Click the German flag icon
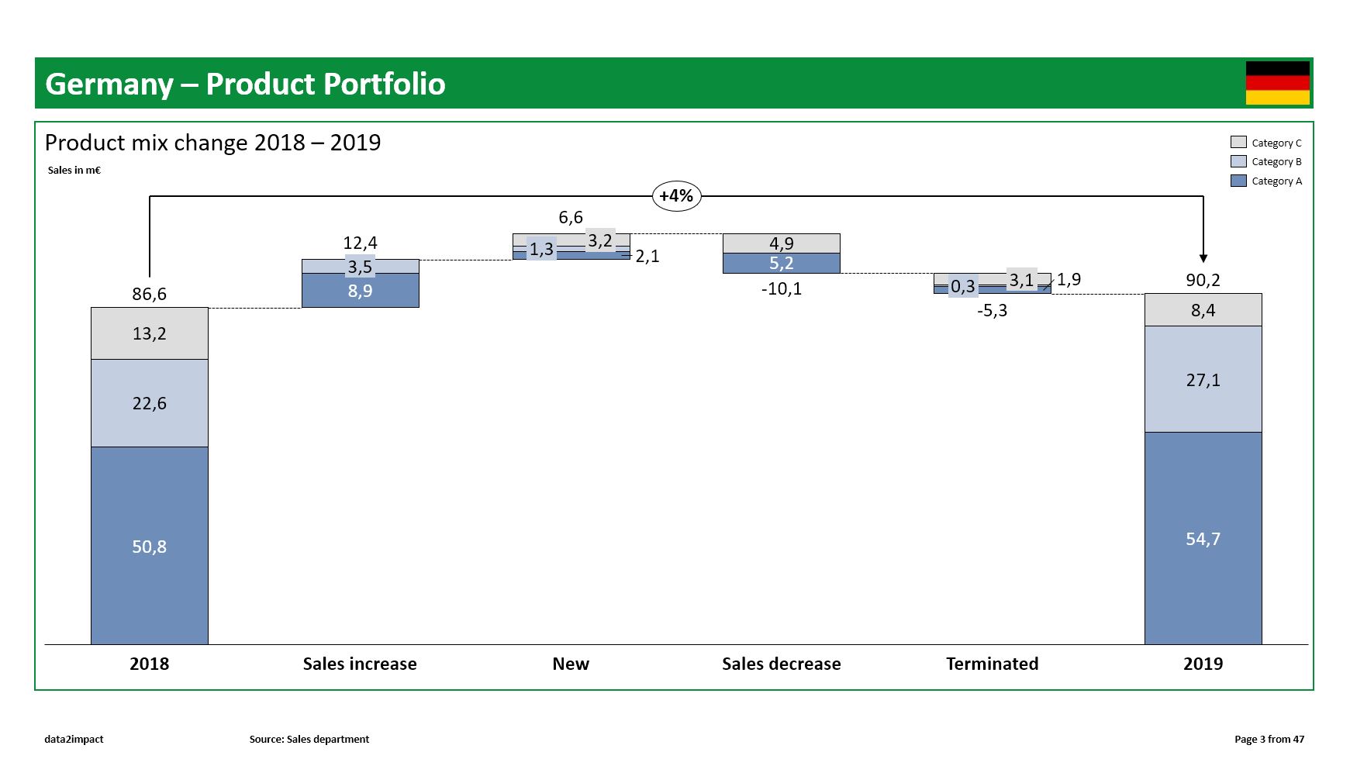[1277, 83]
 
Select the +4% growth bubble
[676, 196]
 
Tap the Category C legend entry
[1266, 143]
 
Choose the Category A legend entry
[1266, 181]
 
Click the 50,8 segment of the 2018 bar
[149, 546]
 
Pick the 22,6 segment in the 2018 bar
[149, 403]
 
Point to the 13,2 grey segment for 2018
[149, 333]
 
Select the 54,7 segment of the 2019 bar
[1203, 538]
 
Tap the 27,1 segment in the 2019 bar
[1203, 379]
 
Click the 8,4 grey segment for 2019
[1203, 310]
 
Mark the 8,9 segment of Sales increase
[360, 291]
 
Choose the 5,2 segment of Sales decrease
[781, 264]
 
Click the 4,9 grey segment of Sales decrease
[781, 243]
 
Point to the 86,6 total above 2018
[149, 294]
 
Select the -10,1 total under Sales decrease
[781, 289]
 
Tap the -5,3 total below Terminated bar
[992, 311]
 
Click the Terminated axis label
[992, 664]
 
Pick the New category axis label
[571, 664]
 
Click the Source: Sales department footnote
[309, 739]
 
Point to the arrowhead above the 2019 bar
[1203, 258]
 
